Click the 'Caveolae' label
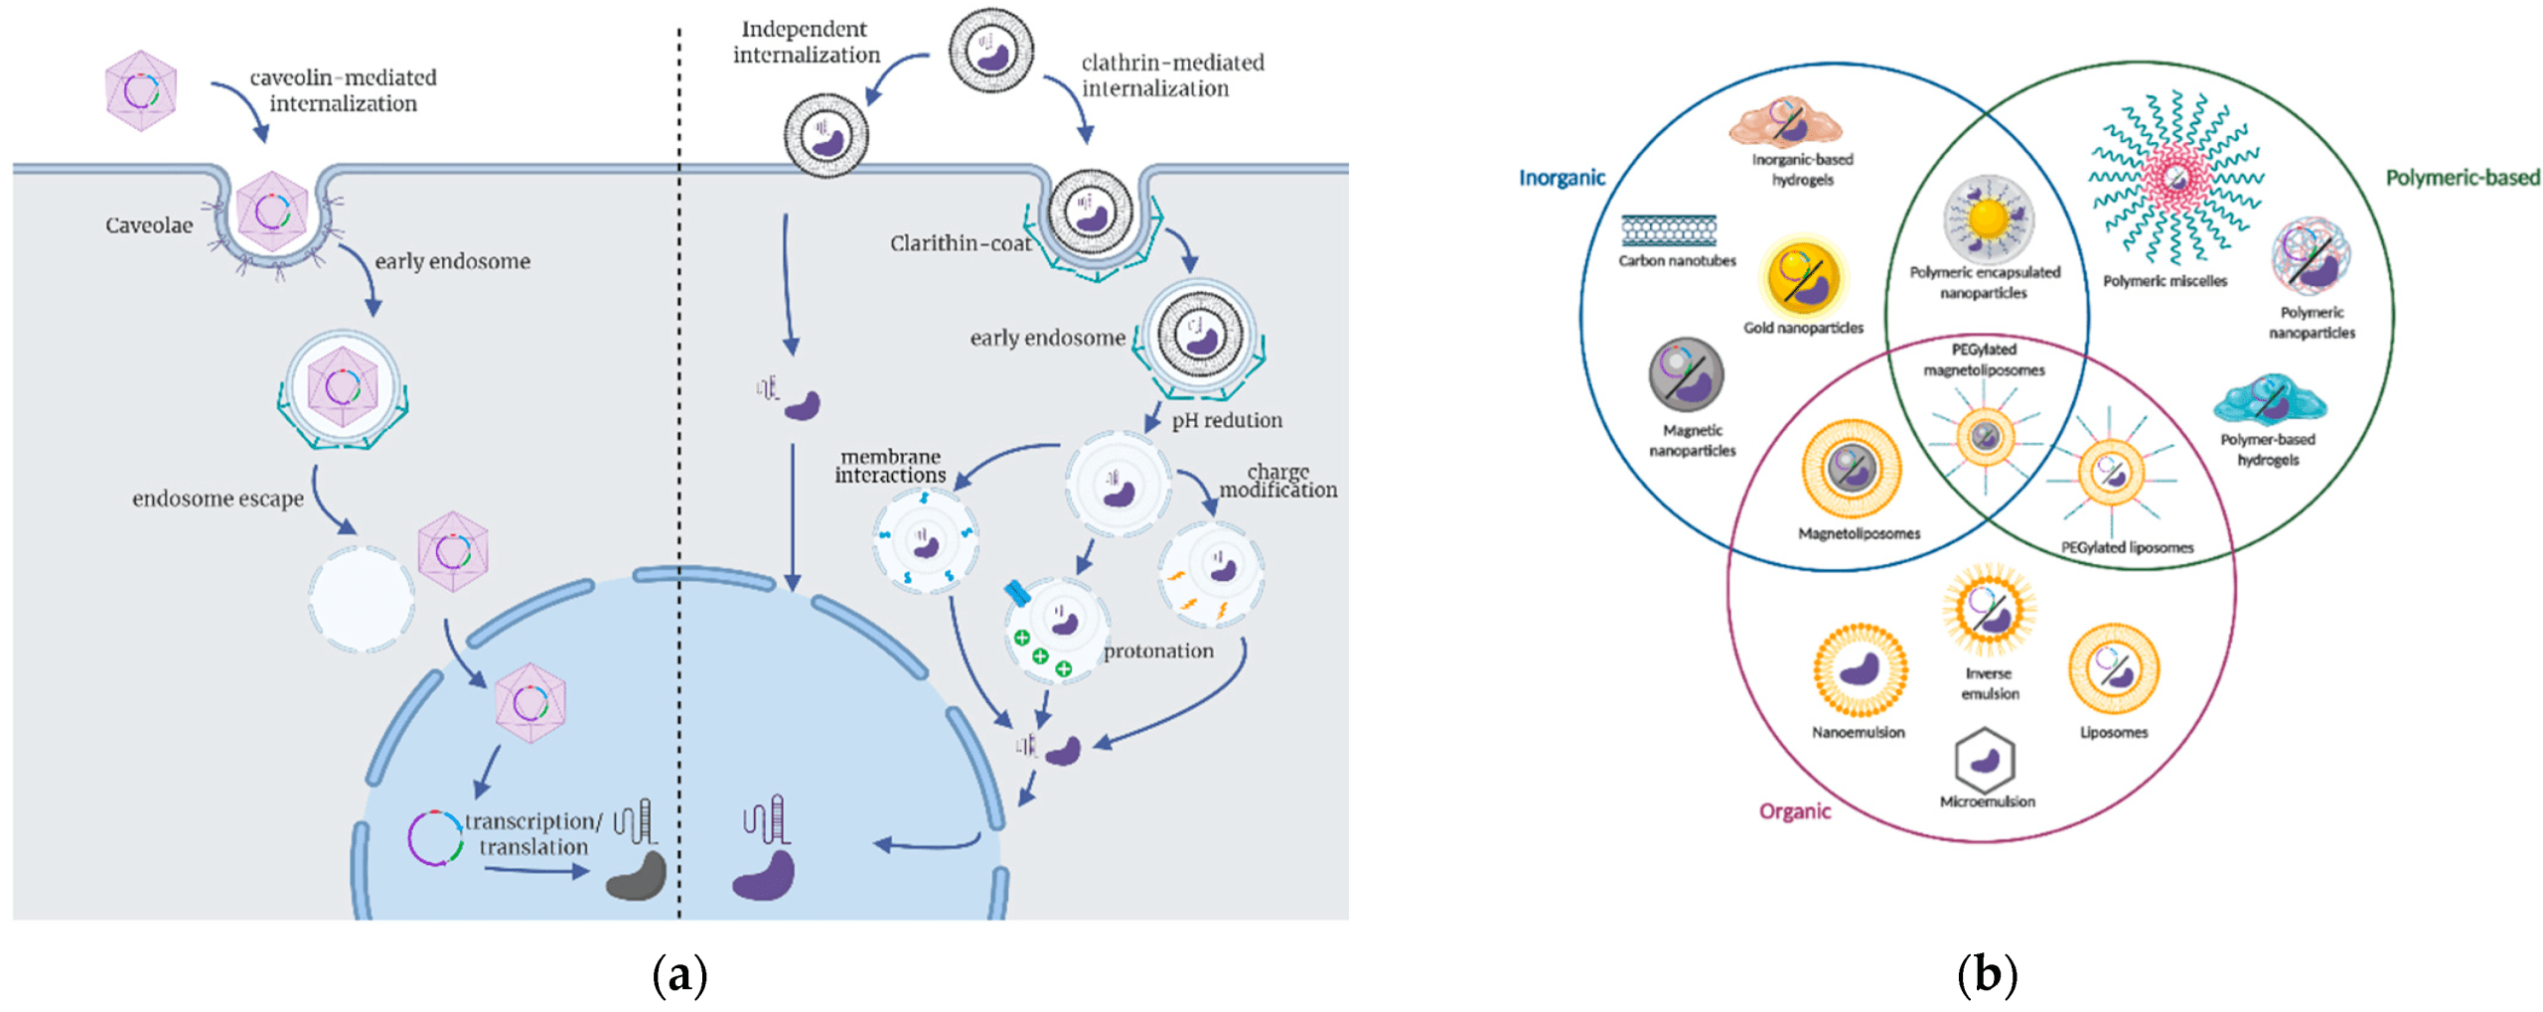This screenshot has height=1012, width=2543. pos(149,225)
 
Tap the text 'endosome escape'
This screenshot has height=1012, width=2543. pos(218,499)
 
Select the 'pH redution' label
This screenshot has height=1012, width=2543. pos(1226,420)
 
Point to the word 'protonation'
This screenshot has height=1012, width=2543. pos(1158,651)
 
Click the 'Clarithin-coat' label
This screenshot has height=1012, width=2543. pos(960,243)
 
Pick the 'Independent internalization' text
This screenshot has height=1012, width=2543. pos(806,42)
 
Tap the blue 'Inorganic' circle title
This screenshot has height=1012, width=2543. pos(1561,178)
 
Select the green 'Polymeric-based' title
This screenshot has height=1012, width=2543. pos(2462,178)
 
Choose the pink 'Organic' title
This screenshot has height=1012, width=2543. pos(1793,810)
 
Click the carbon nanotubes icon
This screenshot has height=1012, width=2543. pos(1669,230)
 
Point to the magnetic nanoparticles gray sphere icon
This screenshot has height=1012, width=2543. pos(1686,374)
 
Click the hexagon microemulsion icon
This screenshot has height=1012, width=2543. pos(1984,760)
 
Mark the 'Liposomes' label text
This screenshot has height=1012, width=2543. pos(2113,732)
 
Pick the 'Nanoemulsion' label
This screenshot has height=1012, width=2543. pos(1858,732)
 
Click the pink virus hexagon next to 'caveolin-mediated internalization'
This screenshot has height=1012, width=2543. pos(141,91)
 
